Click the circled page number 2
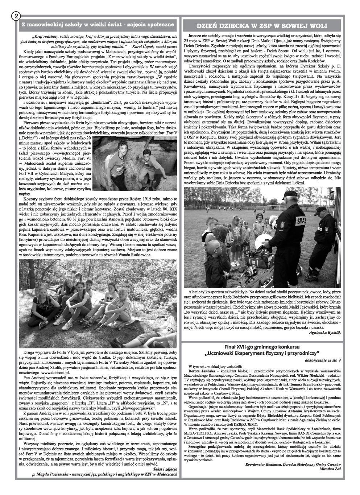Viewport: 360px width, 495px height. tap(16, 16)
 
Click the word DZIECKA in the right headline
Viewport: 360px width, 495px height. tap(237, 26)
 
